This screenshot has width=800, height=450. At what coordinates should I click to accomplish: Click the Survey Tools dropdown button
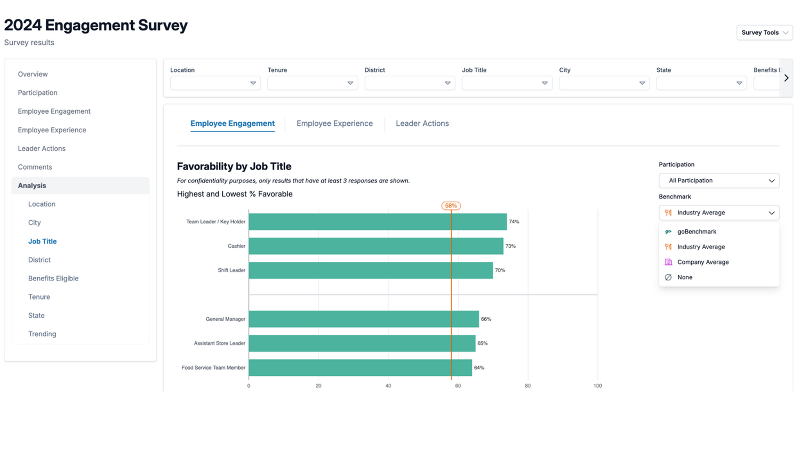764,33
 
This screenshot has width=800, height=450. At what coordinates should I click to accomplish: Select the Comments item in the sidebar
35,167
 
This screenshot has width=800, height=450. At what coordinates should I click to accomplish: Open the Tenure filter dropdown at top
312,83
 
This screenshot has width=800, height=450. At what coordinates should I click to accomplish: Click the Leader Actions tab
422,123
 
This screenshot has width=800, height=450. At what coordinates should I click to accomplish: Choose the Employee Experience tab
334,123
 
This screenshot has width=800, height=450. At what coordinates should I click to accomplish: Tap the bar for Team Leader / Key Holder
377,222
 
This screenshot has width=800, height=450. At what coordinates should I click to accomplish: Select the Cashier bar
375,246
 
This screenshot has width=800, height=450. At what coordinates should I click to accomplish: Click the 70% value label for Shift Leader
500,270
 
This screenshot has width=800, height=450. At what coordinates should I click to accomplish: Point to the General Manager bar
363,319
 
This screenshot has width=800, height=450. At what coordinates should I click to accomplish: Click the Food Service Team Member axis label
213,368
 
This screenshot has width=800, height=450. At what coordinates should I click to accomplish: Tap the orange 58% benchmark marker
451,206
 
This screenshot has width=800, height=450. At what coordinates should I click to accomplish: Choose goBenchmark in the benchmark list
697,231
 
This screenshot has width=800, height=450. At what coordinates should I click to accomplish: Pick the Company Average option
702,262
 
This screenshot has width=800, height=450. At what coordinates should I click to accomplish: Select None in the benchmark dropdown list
684,277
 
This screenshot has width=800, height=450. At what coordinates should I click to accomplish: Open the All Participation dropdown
718,181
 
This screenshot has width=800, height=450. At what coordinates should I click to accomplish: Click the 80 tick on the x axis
527,385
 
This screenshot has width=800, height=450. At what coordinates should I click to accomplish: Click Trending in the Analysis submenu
42,334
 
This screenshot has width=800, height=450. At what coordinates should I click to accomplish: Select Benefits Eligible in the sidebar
53,278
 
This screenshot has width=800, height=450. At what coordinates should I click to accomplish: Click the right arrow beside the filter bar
786,78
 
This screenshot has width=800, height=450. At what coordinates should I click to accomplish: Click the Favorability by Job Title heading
234,166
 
